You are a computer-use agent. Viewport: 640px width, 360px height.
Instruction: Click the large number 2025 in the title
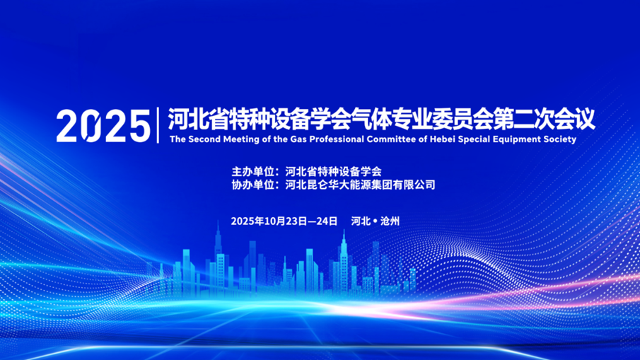click(x=103, y=126)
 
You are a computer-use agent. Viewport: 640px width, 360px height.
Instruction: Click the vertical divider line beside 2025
click(x=158, y=125)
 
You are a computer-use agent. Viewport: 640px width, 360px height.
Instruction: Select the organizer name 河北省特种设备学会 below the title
click(x=334, y=171)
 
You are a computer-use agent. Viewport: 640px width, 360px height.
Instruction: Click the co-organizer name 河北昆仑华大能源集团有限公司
click(x=361, y=185)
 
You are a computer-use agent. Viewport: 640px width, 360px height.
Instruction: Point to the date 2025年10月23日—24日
click(x=284, y=221)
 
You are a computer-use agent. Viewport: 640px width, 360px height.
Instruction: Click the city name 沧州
click(x=390, y=221)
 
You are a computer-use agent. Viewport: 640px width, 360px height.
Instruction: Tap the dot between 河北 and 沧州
click(x=375, y=221)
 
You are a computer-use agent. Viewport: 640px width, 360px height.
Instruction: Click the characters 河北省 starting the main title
click(x=199, y=120)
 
